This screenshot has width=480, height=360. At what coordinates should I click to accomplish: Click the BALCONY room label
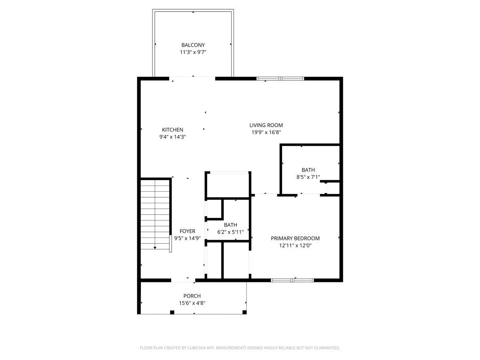(193, 45)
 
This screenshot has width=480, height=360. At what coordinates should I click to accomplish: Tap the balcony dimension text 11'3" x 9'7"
(193, 52)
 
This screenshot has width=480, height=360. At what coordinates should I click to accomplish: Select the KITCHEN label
(172, 130)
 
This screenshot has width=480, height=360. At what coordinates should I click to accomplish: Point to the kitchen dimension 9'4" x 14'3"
(172, 137)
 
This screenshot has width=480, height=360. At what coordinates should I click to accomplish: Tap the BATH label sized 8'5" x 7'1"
(308, 170)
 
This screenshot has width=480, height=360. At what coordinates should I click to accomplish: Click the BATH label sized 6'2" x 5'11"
(230, 225)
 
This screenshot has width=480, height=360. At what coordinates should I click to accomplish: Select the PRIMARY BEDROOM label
(295, 238)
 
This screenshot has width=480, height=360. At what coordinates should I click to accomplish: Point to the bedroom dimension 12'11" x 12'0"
(295, 246)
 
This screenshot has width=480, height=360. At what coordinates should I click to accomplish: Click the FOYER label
(187, 231)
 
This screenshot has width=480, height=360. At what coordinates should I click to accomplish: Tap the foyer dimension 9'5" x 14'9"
(187, 238)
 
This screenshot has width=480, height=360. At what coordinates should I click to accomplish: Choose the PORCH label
(192, 296)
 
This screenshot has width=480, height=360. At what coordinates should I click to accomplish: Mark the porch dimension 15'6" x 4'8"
(192, 303)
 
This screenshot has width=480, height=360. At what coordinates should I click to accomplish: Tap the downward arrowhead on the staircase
(155, 248)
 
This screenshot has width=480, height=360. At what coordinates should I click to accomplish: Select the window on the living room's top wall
(280, 79)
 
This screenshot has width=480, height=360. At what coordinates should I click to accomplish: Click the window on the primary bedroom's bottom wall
(292, 280)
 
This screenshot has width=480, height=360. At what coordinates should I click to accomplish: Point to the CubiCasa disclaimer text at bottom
(240, 348)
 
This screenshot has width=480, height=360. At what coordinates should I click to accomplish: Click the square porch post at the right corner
(245, 312)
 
